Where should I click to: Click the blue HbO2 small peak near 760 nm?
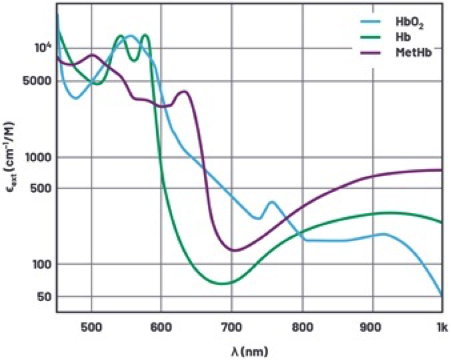point(273,203)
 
